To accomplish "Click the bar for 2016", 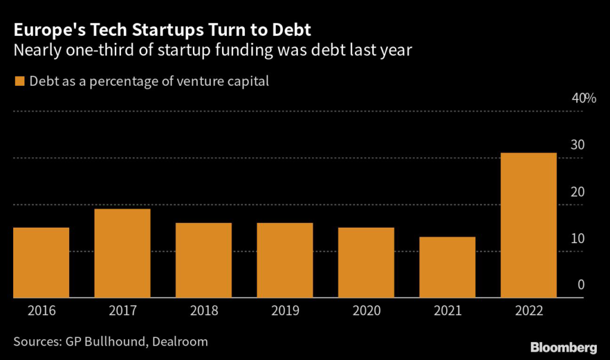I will pos(41,262).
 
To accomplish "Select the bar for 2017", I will pos(122,253).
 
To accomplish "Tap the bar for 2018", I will pos(203,260).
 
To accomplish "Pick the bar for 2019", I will pos(285,260).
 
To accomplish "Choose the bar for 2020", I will pos(366,262).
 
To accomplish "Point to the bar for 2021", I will pos(447,267).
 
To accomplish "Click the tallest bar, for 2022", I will pos(528,225).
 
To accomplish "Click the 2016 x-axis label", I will pos(41,310).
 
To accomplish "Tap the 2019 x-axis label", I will pos(285,310).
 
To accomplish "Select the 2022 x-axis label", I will pos(528,310).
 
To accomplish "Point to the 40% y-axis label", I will pos(584,98).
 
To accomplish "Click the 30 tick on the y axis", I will pos(578,145).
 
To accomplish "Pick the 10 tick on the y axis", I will pos(578,238).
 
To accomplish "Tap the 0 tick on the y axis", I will pos(581,285).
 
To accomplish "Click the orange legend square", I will pos(18,81).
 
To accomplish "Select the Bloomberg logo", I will pos(563,346).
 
